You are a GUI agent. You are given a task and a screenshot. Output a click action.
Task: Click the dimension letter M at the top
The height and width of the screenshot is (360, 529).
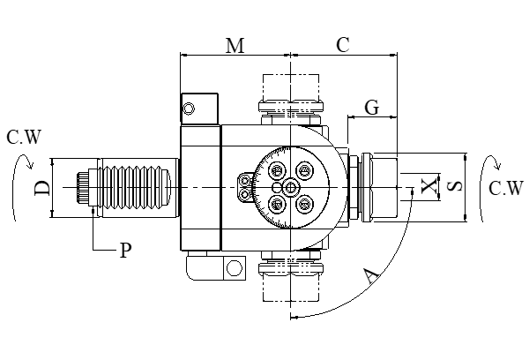point(235,47)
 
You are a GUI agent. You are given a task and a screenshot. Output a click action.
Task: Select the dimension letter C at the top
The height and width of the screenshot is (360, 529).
point(343,47)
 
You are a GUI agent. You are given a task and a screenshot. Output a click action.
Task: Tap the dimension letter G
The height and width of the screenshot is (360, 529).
point(372,108)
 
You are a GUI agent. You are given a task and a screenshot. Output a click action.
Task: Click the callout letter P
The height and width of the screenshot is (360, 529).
point(126,251)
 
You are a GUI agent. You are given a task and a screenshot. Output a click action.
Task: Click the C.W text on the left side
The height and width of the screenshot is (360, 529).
point(23,137)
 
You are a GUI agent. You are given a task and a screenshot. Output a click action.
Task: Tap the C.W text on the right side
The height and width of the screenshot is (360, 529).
point(505,188)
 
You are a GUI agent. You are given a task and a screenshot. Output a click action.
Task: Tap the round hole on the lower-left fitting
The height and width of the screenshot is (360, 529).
point(234,267)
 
